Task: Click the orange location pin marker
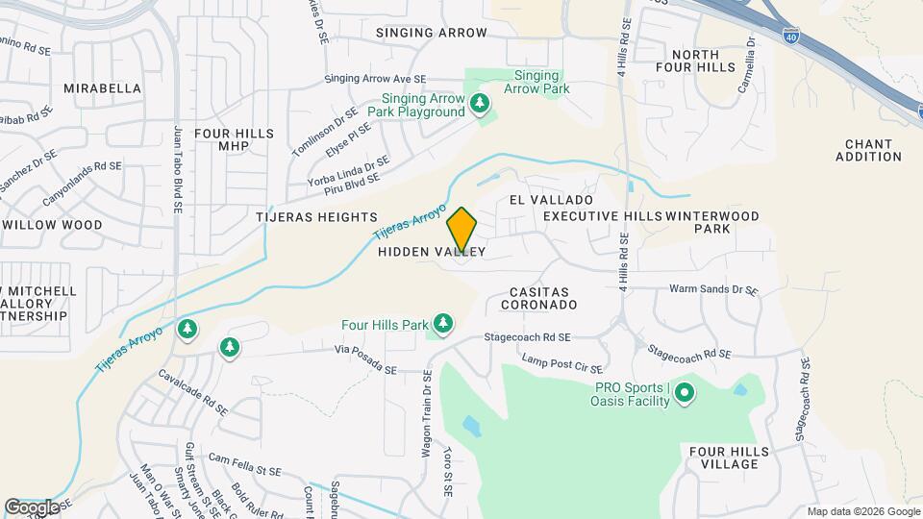click(x=462, y=229)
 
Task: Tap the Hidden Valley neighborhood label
click(x=431, y=252)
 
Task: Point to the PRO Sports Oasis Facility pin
click(x=685, y=392)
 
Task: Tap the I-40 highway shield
click(x=790, y=37)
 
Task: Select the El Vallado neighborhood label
click(x=544, y=199)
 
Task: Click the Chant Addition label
click(x=874, y=150)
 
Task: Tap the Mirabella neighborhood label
click(x=102, y=88)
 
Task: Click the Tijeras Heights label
click(x=316, y=218)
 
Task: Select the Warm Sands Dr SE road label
click(x=713, y=289)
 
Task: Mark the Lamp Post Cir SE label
click(x=562, y=363)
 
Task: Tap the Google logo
click(x=32, y=507)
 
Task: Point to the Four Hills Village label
click(x=729, y=457)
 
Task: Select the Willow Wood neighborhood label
click(x=52, y=225)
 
